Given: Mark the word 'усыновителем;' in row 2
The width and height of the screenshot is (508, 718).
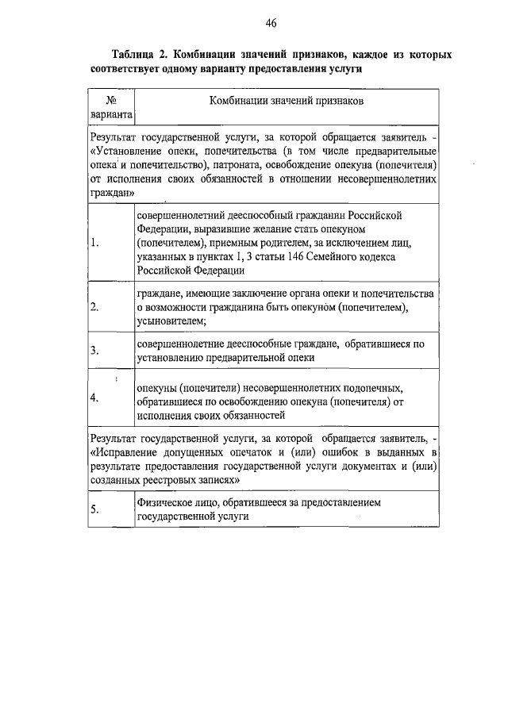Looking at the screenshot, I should pyautogui.click(x=171, y=321).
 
